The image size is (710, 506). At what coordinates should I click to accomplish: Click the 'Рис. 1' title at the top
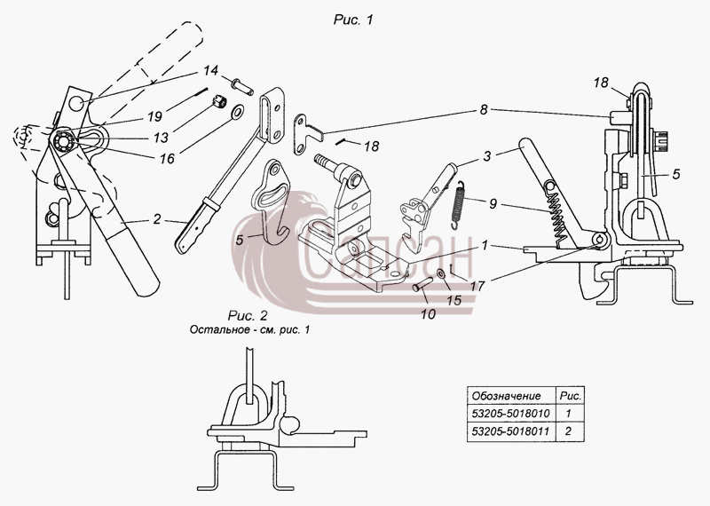(353, 20)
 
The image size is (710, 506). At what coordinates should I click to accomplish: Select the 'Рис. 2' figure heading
(248, 315)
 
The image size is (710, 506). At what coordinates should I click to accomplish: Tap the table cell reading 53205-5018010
(511, 413)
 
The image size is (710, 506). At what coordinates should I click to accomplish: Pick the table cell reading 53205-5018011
(511, 431)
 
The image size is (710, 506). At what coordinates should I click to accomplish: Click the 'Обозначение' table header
(506, 396)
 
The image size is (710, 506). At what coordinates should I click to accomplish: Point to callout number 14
(210, 71)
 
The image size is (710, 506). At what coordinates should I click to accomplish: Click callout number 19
(154, 116)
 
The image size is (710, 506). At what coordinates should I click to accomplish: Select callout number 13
(162, 138)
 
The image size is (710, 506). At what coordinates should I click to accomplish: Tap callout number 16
(167, 158)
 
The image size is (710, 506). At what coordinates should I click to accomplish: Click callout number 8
(484, 110)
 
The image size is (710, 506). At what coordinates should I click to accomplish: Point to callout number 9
(493, 203)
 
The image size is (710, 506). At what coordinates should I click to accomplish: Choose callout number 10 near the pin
(428, 314)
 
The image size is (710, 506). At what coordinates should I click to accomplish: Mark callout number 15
(454, 300)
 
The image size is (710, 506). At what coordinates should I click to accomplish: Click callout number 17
(477, 286)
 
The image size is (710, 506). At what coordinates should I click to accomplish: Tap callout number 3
(486, 156)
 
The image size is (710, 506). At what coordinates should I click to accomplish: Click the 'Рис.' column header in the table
(571, 396)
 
